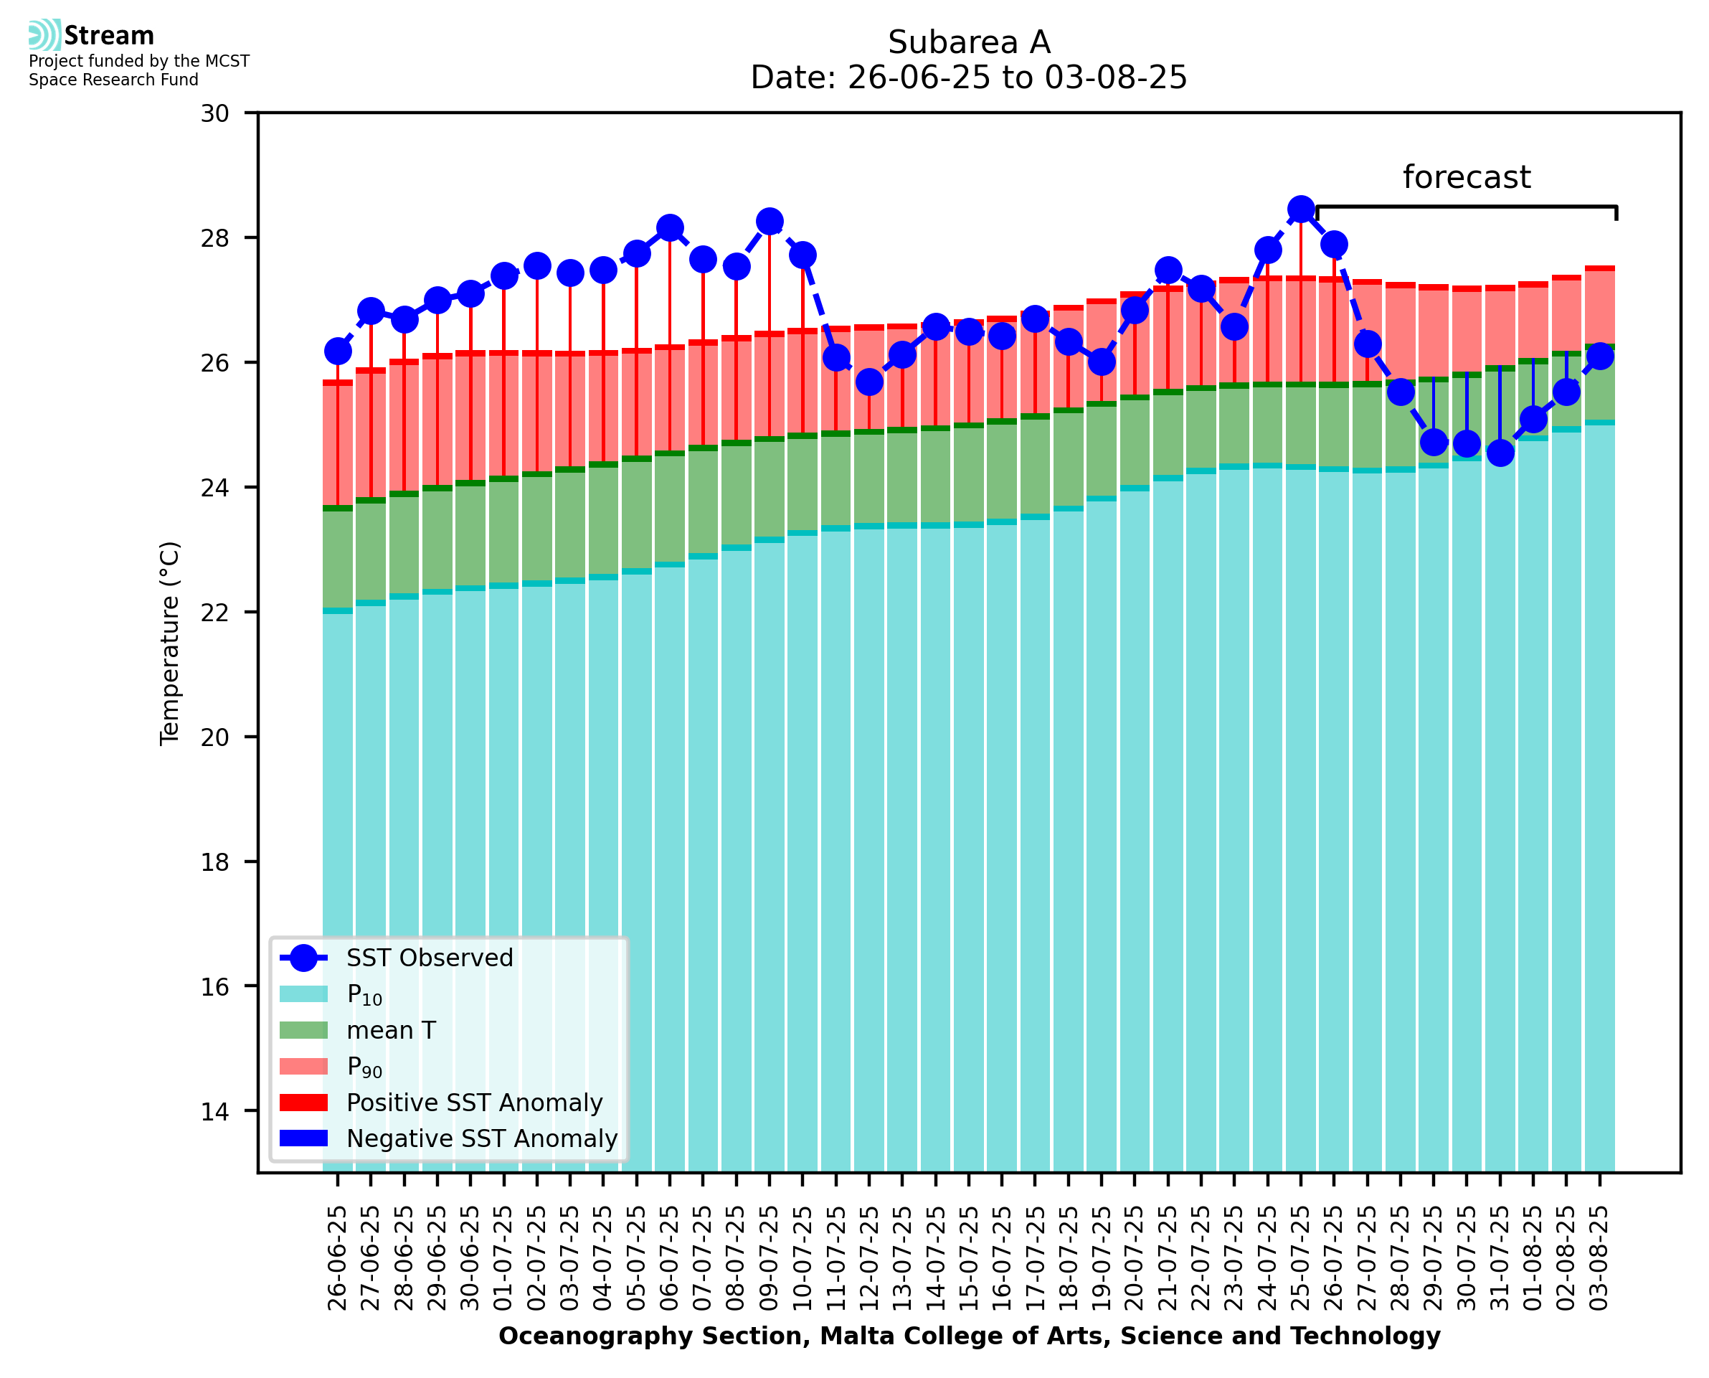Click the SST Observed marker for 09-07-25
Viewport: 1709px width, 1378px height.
pyautogui.click(x=769, y=222)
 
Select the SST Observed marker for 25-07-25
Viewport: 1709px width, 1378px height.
pyautogui.click(x=1300, y=209)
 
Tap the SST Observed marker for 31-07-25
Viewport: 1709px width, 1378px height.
pyautogui.click(x=1500, y=453)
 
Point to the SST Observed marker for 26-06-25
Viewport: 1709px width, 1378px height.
pyautogui.click(x=338, y=351)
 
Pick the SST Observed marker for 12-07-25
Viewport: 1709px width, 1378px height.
pyautogui.click(x=868, y=382)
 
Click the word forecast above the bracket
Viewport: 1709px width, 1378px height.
pyautogui.click(x=1466, y=177)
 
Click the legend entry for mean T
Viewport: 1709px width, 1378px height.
pyautogui.click(x=391, y=1030)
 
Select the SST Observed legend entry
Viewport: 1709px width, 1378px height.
pyautogui.click(x=430, y=958)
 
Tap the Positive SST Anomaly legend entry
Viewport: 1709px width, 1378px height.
pyautogui.click(x=475, y=1103)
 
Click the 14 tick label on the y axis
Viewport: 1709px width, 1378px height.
pyautogui.click(x=214, y=1111)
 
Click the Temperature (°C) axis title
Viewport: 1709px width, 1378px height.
pyautogui.click(x=170, y=643)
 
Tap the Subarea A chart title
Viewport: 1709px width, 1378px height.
pyautogui.click(x=969, y=42)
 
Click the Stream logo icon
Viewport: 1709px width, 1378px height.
pyautogui.click(x=44, y=35)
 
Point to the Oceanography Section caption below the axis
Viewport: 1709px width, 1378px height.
pyautogui.click(x=969, y=1336)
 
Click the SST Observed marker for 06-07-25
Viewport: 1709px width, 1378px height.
pyautogui.click(x=670, y=228)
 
